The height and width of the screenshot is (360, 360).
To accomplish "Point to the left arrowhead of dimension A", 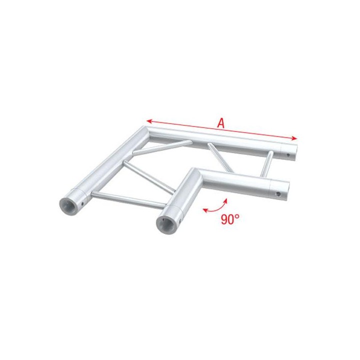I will click(148, 120).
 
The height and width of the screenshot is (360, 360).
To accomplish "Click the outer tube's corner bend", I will click(143, 132).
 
